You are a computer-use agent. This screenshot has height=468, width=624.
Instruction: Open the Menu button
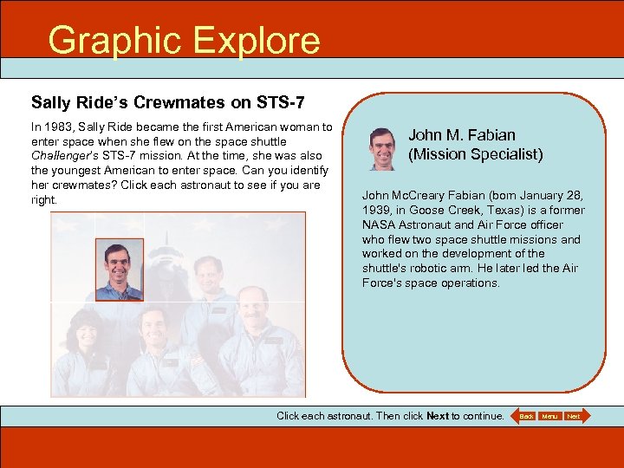pos(549,417)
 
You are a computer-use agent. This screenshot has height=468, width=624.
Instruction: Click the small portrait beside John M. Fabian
pos(381,148)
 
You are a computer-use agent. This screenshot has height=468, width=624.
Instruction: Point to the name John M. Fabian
pos(461,135)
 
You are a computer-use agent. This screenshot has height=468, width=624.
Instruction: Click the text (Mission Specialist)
pos(475,154)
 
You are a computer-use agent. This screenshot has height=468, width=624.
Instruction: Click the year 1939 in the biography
pos(376,211)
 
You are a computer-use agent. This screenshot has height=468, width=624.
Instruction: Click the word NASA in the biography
pos(378,225)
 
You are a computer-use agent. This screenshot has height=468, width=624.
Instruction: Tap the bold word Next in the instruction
pos(438,416)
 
